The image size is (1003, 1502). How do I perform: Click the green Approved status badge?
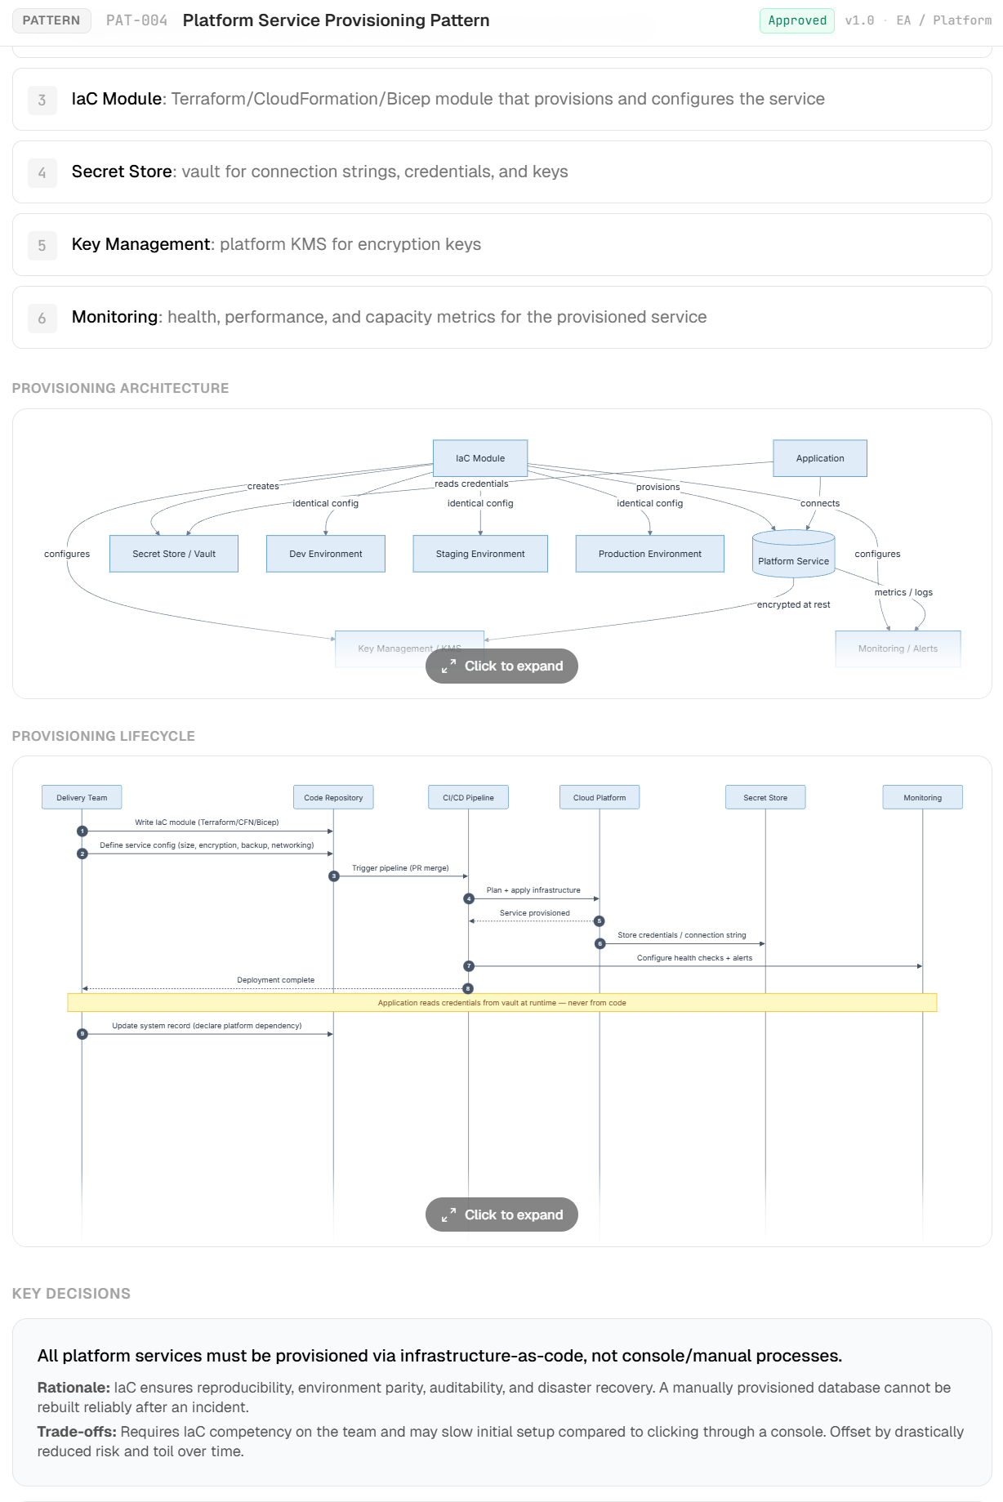[796, 20]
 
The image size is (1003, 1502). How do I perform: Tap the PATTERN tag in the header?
[51, 20]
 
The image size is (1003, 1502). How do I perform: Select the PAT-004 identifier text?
[136, 20]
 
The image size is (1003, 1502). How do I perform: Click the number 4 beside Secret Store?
[42, 172]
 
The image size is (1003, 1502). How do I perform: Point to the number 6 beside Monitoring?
[42, 318]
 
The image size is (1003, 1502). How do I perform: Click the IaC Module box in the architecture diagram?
[480, 458]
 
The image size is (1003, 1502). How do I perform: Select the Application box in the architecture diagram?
[819, 458]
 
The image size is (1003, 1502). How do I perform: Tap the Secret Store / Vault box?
[174, 554]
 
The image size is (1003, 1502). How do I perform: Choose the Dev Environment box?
[325, 554]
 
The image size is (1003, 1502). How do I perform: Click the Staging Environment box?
[480, 554]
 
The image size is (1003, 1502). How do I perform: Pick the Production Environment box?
[649, 554]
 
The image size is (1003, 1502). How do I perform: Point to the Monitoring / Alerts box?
[898, 648]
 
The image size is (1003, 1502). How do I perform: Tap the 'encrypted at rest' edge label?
[793, 604]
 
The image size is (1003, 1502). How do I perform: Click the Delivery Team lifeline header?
[82, 797]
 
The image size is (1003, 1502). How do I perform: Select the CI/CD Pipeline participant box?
[468, 797]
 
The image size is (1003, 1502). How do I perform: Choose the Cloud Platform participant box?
[600, 797]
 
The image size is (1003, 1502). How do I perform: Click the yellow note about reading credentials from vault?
[501, 1002]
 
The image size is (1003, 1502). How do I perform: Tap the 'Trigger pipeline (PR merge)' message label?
[400, 868]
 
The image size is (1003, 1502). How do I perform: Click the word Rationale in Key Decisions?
[73, 1388]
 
